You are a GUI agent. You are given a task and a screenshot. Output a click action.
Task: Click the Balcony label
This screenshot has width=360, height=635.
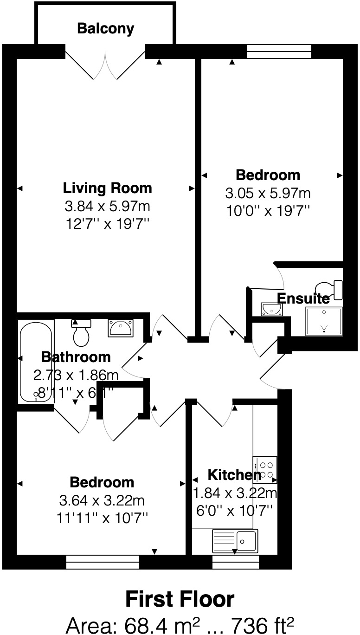105,29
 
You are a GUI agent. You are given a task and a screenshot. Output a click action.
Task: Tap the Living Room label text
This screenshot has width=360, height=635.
107,188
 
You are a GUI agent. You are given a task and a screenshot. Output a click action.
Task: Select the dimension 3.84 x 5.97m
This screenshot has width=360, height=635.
107,206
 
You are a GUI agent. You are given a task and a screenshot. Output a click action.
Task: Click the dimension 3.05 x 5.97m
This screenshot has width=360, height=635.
268,193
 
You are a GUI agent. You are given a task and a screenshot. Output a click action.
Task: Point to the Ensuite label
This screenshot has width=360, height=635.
303,298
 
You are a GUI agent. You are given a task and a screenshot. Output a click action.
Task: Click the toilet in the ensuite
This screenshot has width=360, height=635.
329,289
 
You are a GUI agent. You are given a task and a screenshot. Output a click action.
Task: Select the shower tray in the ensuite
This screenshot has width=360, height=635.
324,321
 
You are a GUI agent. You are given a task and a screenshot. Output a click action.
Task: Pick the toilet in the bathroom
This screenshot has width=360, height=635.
81,332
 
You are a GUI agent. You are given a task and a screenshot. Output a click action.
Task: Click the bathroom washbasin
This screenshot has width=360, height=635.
120,328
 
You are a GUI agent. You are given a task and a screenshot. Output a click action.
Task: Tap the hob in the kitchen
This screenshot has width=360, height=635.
265,469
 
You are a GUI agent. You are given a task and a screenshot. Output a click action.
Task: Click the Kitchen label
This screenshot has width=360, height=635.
234,475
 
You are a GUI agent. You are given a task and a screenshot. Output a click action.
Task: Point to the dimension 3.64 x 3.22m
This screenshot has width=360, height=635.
102,500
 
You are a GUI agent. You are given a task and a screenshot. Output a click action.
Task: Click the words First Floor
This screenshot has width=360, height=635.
180,599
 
